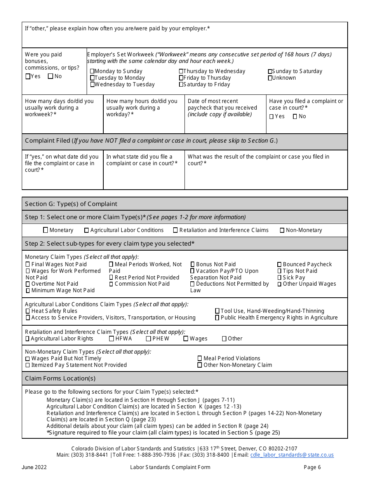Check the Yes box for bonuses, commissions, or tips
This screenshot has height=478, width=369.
28,77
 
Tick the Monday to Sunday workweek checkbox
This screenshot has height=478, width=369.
92,71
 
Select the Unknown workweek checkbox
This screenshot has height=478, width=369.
270,78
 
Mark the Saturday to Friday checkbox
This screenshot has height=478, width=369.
181,84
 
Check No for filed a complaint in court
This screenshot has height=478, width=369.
295,116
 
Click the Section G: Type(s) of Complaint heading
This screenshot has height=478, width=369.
71,204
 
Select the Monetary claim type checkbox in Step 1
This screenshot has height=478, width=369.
46,230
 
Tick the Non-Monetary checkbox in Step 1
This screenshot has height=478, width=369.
282,230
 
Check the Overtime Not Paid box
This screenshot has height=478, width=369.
28,284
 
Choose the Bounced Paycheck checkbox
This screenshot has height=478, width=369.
280,264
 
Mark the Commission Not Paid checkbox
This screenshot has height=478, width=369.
111,284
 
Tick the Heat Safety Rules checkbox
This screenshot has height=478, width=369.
28,311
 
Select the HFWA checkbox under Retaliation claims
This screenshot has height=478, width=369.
111,338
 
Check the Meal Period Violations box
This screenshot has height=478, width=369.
200,358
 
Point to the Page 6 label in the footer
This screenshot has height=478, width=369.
312,467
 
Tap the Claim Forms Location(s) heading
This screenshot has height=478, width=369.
60,378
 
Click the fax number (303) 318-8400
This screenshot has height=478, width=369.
213,455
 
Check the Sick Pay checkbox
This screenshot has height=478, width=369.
280,277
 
